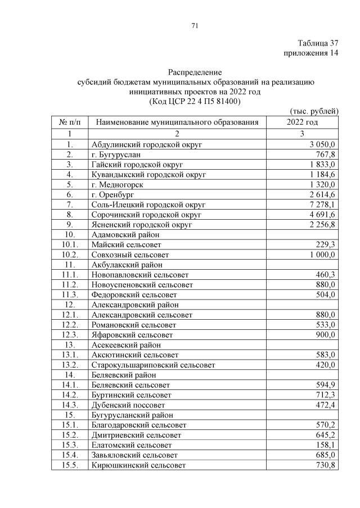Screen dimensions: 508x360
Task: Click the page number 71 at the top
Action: [x=195, y=26]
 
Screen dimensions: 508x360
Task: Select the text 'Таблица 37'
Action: [x=318, y=43]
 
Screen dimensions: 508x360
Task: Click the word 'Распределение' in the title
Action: [x=195, y=72]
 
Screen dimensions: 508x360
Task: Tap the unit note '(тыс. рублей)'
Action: [x=314, y=111]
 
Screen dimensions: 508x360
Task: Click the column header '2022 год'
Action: [x=302, y=122]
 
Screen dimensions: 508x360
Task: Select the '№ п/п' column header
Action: [x=70, y=122]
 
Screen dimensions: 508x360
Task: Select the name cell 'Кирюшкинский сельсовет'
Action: [x=138, y=465]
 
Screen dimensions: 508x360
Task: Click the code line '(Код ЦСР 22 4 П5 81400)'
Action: [x=195, y=102]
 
